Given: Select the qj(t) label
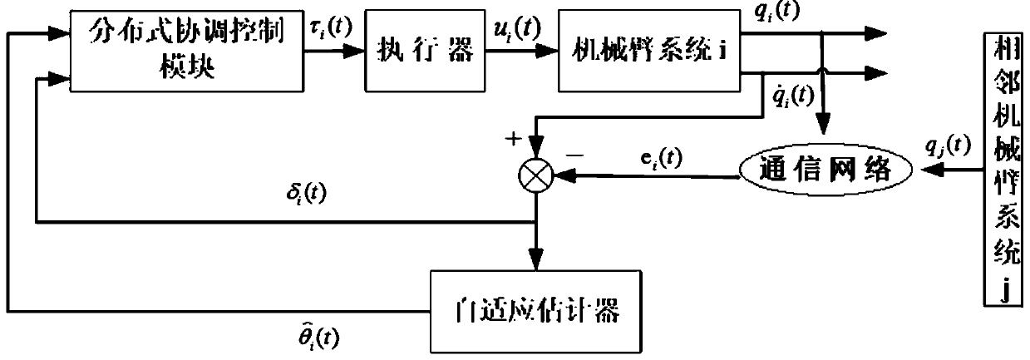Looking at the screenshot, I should click(945, 146).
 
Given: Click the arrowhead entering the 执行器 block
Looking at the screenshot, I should click(357, 52).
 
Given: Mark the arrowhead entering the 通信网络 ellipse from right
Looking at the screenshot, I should click(917, 168).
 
